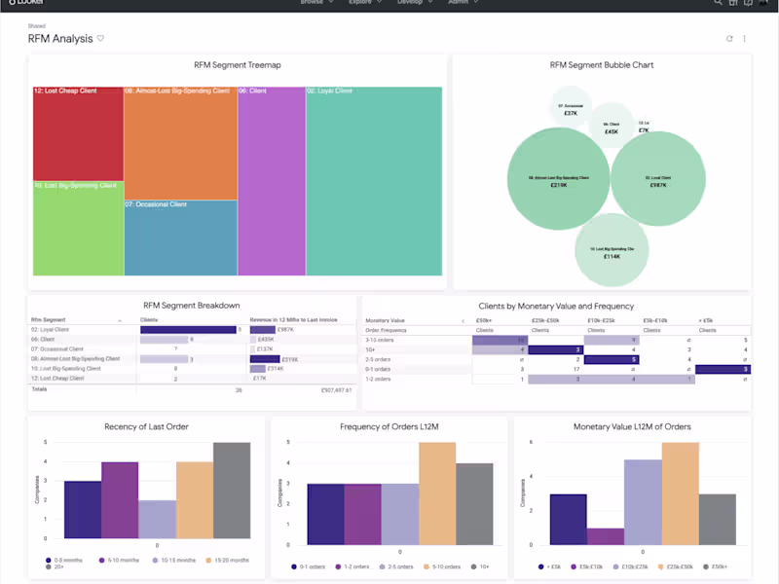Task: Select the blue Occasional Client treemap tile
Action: tap(180, 237)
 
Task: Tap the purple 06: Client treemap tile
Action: tap(271, 180)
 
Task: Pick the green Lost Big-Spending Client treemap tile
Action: tap(78, 228)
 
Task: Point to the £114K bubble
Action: tap(612, 252)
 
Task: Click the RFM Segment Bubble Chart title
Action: tap(601, 65)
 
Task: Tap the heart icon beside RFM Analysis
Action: tap(100, 39)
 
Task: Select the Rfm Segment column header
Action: tap(50, 319)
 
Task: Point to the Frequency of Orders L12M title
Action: tap(389, 427)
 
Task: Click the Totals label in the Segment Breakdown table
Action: tap(40, 389)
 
